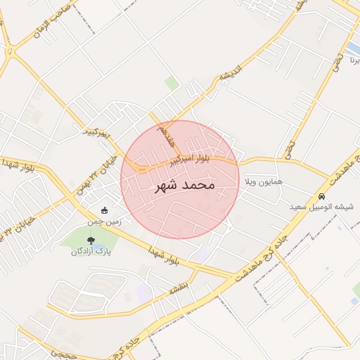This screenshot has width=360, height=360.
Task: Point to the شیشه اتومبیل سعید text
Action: pos(321,207)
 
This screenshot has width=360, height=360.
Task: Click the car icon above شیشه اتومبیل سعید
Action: pos(321,196)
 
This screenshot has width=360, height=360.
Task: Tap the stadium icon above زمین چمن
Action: pos(105,210)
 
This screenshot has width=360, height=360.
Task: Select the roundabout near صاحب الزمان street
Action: pos(9,51)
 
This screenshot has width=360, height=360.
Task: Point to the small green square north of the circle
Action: pos(172,83)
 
